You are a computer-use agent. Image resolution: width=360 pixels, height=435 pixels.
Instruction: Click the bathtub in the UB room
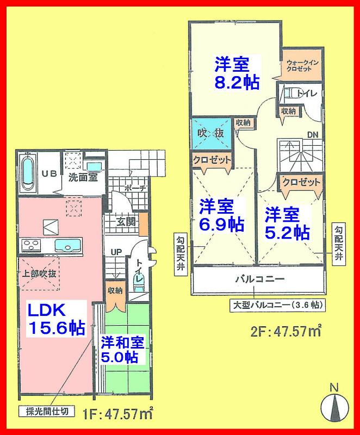[x=27, y=172]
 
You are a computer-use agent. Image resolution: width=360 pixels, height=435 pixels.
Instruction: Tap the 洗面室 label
[x=83, y=177]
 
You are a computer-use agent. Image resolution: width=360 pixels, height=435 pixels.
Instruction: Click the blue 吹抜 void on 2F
[x=210, y=133]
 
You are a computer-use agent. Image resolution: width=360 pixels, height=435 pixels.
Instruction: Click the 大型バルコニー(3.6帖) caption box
[x=277, y=305]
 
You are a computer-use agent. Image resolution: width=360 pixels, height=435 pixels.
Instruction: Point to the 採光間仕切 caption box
[x=47, y=411]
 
